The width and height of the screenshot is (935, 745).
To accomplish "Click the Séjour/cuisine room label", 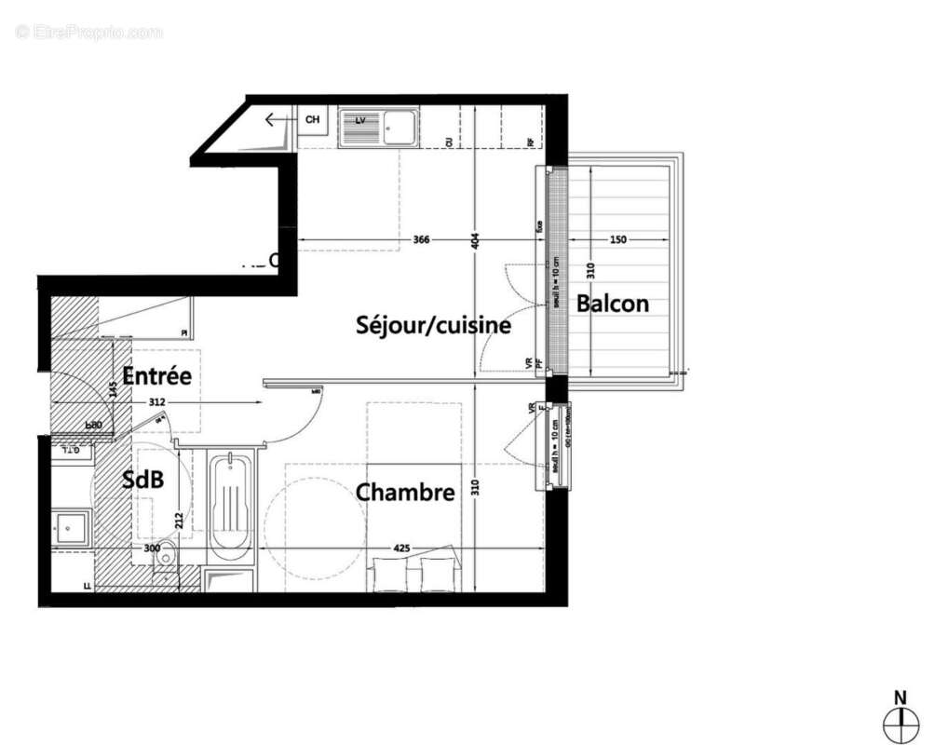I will [433, 325].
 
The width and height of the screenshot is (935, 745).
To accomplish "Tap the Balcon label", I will [612, 303].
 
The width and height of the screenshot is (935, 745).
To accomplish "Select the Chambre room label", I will [405, 492].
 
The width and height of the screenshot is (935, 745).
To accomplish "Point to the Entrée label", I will [156, 376].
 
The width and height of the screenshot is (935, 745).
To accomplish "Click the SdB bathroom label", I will [143, 480].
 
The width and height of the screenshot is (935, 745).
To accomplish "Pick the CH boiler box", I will [312, 120].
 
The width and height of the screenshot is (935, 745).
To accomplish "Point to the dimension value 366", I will [421, 239].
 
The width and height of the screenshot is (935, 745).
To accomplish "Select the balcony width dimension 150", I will [617, 239].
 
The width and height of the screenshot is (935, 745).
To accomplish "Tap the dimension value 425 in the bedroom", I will [401, 549].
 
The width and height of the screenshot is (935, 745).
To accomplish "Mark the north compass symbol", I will [900, 718].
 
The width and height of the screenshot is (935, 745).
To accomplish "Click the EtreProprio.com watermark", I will [88, 32].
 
